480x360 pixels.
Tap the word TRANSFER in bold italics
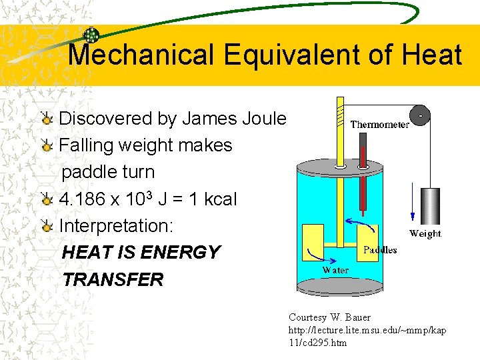click(113, 279)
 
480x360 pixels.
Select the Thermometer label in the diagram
click(379, 124)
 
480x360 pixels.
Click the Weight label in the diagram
click(425, 233)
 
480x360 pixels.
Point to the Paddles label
click(379, 250)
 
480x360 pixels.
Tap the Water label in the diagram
click(335, 270)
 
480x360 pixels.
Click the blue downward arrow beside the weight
click(412, 200)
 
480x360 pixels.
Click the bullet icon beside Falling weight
click(47, 146)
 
